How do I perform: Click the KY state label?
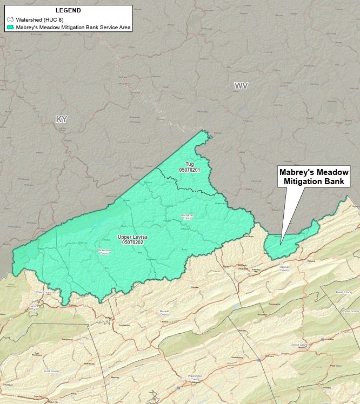(x=61, y=119)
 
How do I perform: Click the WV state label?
(x=241, y=86)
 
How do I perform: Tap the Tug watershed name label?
(x=189, y=164)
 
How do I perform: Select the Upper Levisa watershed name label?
(x=132, y=237)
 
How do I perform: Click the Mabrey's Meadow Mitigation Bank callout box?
(x=314, y=177)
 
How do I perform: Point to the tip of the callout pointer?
(x=281, y=244)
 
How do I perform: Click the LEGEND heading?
(x=68, y=10)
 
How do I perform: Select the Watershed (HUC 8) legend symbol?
(x=10, y=19)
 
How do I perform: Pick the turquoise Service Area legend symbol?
(x=10, y=26)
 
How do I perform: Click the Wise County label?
(x=43, y=292)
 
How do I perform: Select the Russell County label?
(x=164, y=312)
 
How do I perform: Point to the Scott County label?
(x=52, y=371)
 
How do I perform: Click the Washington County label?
(x=195, y=377)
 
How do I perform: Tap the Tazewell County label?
(x=284, y=268)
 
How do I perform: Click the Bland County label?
(x=344, y=292)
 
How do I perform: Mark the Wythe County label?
(x=351, y=312)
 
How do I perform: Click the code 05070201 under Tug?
(x=189, y=170)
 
